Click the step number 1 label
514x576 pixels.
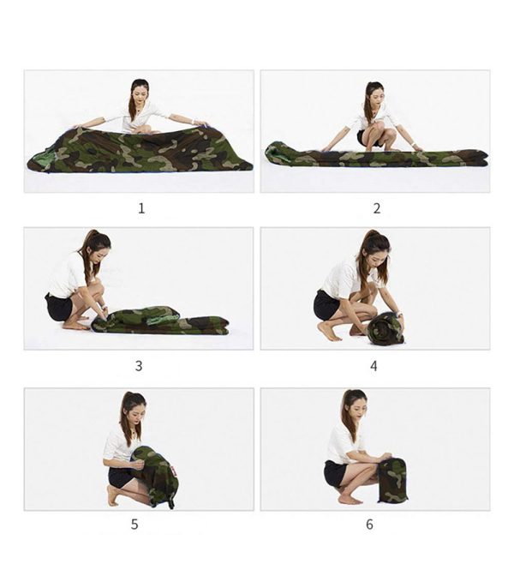click(x=141, y=208)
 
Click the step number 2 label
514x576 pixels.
click(x=377, y=208)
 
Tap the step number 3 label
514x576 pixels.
click(x=139, y=366)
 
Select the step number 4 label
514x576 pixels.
click(x=374, y=366)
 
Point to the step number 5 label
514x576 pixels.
click(x=134, y=525)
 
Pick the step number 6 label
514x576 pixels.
click(x=370, y=525)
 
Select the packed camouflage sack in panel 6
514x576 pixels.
click(x=392, y=480)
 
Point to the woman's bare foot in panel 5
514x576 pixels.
click(x=113, y=495)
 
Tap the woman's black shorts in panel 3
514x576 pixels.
click(x=59, y=307)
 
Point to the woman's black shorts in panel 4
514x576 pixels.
click(x=326, y=305)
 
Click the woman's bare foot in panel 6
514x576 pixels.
click(x=349, y=500)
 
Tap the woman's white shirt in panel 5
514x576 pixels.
click(x=117, y=445)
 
